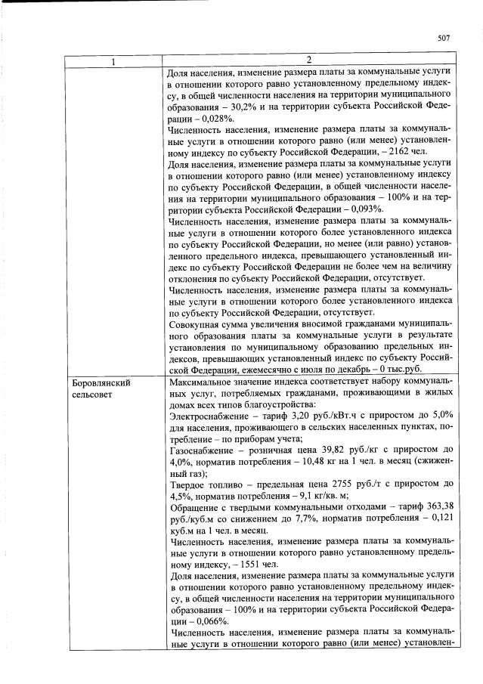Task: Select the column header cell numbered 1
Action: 113,60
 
